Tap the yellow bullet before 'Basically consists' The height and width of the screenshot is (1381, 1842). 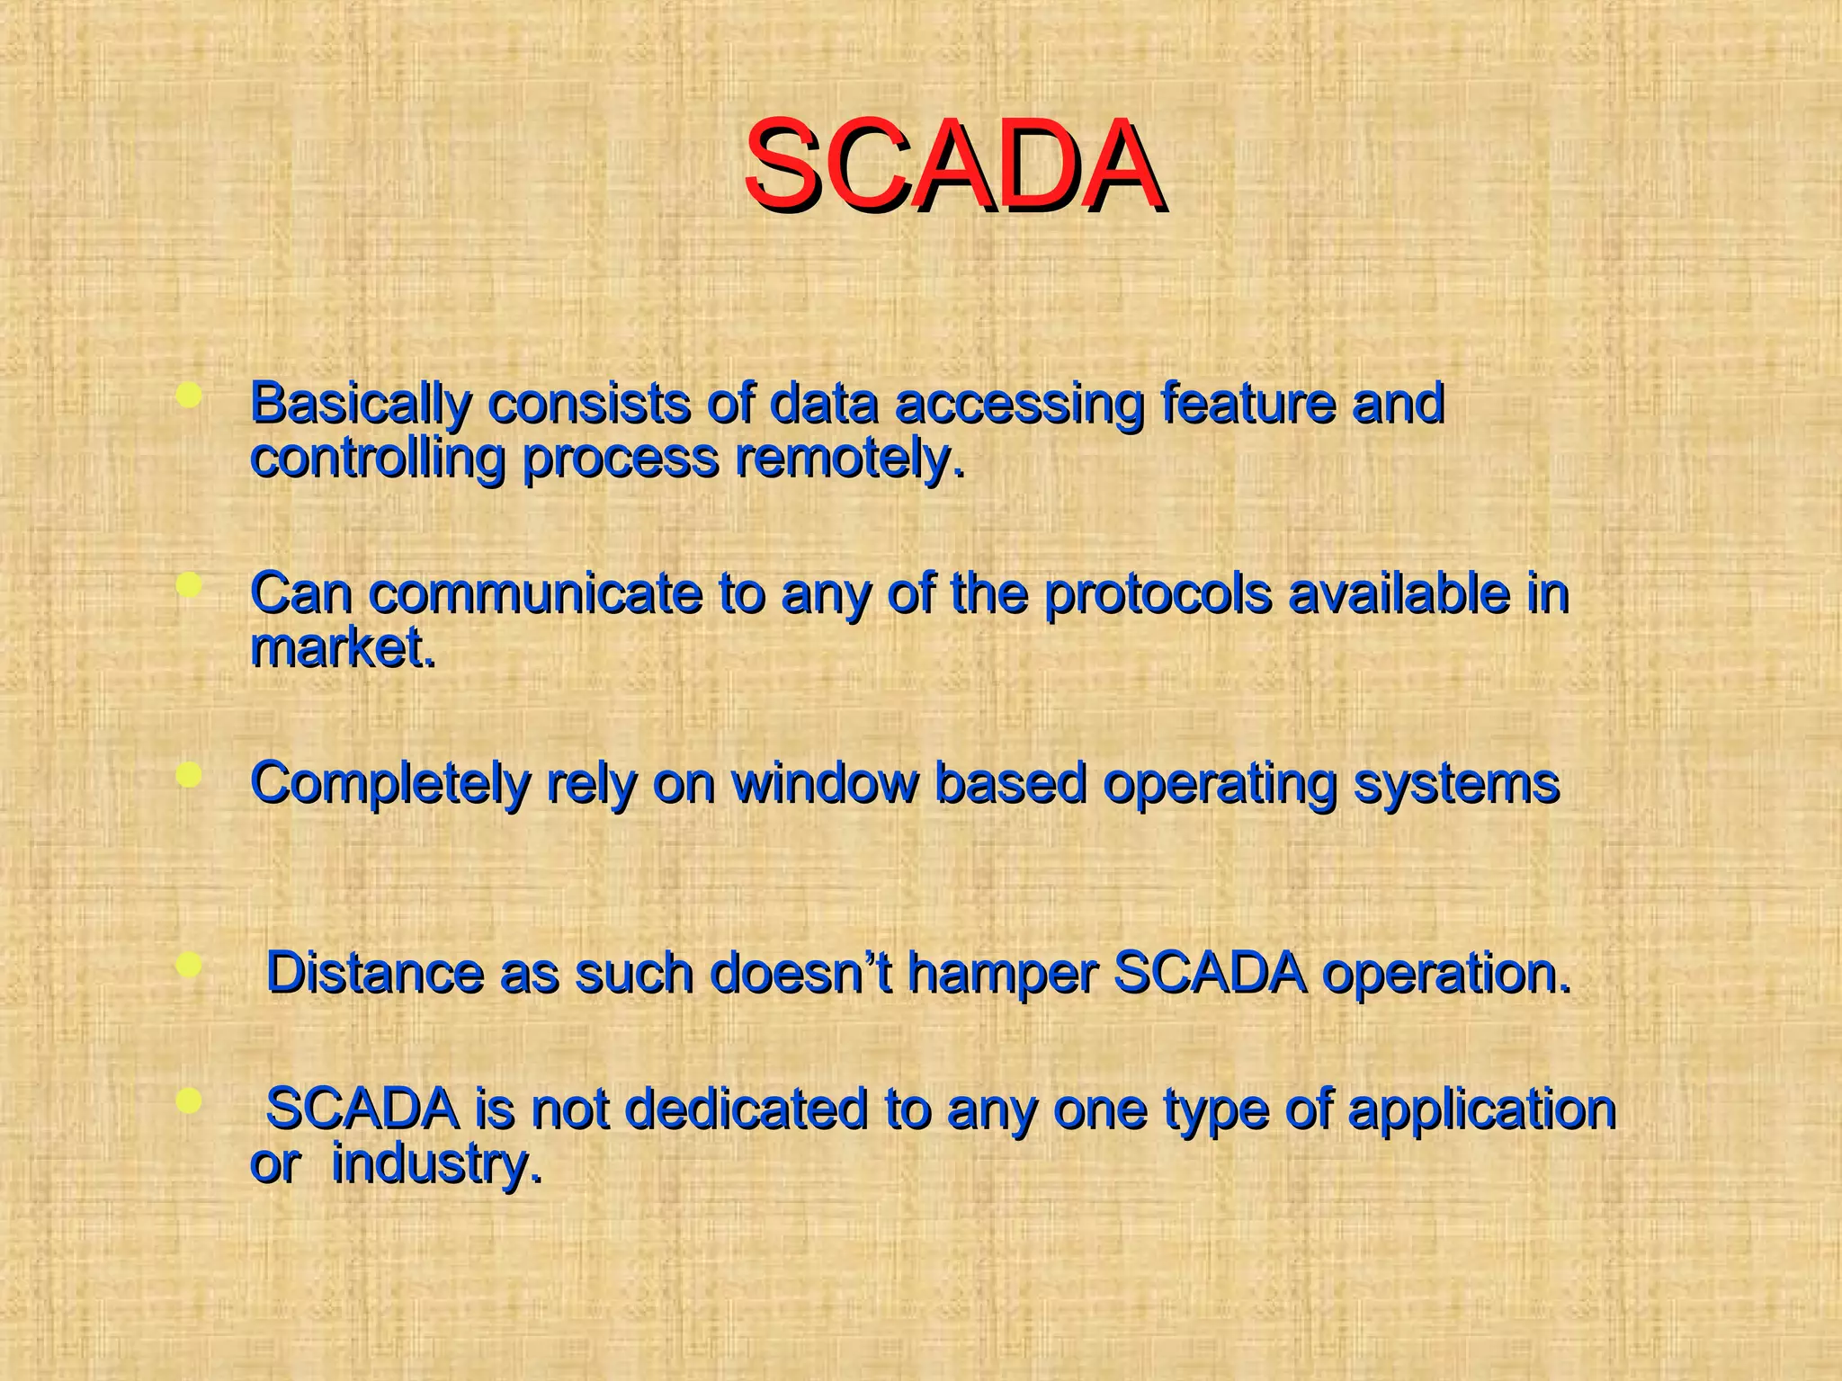pos(189,396)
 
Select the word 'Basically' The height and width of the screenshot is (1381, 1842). pos(360,404)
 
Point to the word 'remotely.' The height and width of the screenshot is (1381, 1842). pos(850,459)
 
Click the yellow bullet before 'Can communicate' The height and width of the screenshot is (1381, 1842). pos(189,586)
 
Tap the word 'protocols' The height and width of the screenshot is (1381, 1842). pos(1158,594)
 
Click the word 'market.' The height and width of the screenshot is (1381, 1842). pos(343,648)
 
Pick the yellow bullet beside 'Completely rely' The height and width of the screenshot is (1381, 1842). pos(189,775)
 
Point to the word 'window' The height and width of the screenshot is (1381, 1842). pos(825,784)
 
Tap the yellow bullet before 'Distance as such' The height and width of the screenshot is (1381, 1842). pos(189,966)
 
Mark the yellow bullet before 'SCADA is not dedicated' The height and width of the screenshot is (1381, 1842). pos(189,1101)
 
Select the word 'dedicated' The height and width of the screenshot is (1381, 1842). pos(746,1109)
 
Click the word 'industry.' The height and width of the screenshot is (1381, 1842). pos(437,1164)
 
